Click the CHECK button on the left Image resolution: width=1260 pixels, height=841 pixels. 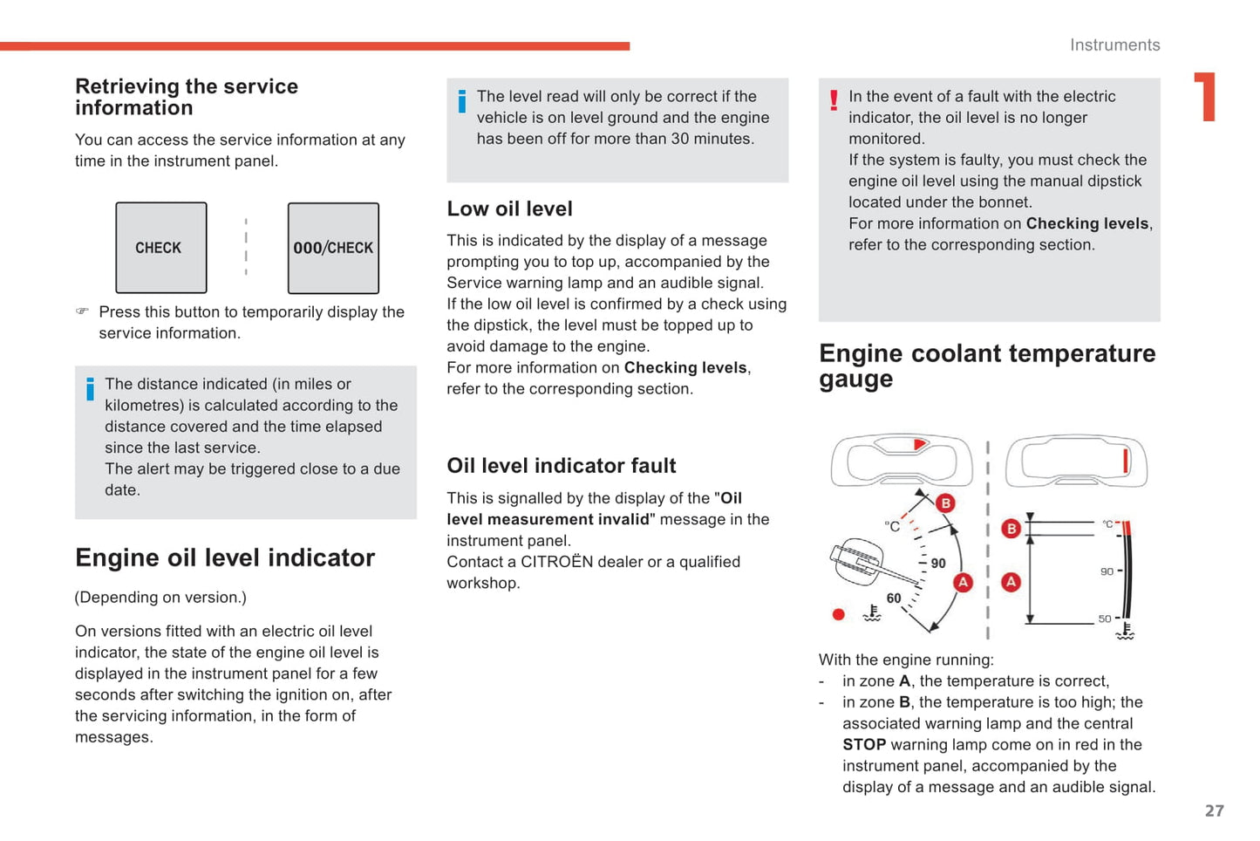coord(161,248)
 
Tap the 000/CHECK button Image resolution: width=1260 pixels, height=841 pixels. coord(333,248)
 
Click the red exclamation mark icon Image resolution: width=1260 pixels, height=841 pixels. coord(834,99)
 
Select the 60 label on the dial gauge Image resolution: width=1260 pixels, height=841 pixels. coord(894,598)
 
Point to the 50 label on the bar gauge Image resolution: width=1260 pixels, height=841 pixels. coord(1104,619)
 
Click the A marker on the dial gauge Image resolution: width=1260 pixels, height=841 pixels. coord(963,582)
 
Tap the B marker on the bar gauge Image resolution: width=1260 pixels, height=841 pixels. coord(1011,529)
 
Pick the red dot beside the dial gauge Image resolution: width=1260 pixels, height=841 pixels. coord(839,614)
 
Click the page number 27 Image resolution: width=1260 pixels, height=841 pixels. coord(1215,810)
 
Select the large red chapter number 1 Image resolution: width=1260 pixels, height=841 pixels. coord(1206,97)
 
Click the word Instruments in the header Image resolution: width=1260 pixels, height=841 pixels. coord(1114,45)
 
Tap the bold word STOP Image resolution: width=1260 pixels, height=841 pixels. coord(864,745)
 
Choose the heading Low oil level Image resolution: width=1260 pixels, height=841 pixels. coord(510,209)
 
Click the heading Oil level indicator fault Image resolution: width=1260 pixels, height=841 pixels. coord(562,466)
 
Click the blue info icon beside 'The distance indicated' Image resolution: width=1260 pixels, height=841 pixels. coord(90,389)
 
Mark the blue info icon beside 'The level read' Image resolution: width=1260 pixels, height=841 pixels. coord(462,101)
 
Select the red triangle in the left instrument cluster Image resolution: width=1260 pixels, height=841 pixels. coord(919,445)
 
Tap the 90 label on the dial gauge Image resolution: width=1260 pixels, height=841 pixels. coord(938,564)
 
